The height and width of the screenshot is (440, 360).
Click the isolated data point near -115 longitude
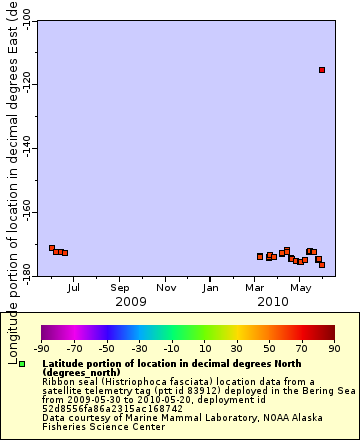point(321,70)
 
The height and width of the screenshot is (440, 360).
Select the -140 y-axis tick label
point(25,150)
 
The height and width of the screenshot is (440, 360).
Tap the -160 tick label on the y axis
point(25,214)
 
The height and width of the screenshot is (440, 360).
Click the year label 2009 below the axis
point(131,301)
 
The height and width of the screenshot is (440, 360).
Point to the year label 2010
point(272,301)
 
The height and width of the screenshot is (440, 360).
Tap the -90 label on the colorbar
point(42,348)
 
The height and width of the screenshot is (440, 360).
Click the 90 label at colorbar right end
point(331,348)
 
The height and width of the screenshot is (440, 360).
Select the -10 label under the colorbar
point(171,348)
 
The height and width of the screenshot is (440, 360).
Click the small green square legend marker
point(22,365)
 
